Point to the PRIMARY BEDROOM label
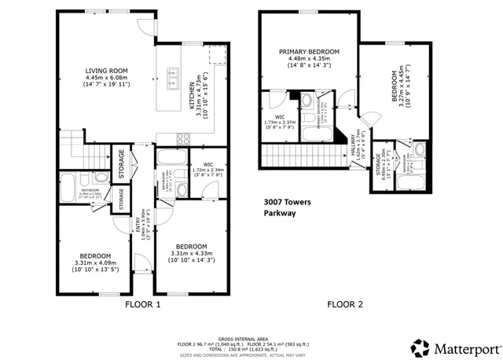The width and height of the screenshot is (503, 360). click(x=309, y=52)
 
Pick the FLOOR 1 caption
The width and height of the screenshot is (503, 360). click(x=143, y=304)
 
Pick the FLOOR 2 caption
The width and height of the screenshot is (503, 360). click(x=347, y=304)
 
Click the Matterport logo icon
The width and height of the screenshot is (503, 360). click(x=421, y=347)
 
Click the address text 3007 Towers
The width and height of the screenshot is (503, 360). click(x=286, y=202)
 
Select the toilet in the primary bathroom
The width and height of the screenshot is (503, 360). click(x=309, y=101)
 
